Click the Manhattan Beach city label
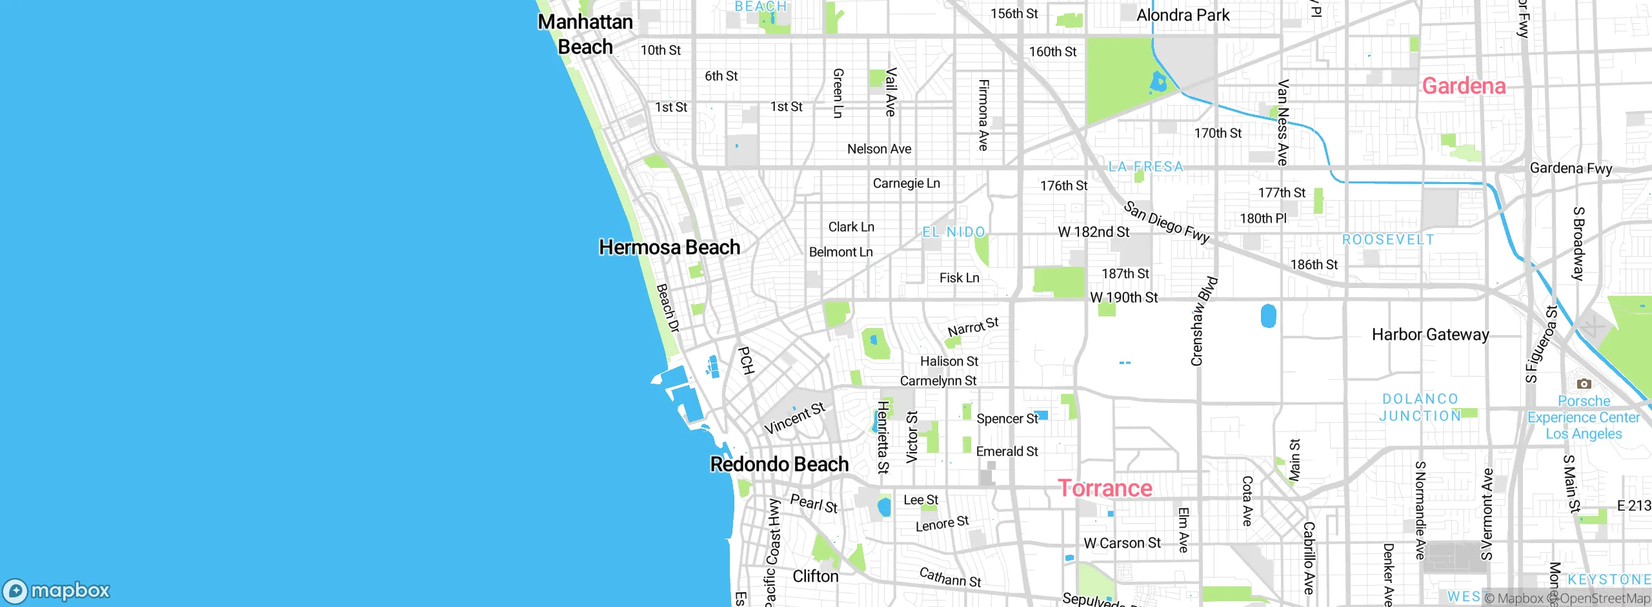(x=585, y=34)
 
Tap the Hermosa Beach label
(x=669, y=247)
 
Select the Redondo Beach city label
(x=779, y=464)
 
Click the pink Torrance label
(x=1105, y=488)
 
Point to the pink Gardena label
(x=1464, y=86)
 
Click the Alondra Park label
(x=1183, y=15)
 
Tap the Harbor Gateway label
(x=1430, y=334)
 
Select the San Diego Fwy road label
(x=1166, y=222)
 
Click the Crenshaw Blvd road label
(x=1203, y=322)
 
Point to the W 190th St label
(x=1123, y=298)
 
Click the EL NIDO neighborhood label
(x=953, y=232)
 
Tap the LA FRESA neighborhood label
(x=1146, y=167)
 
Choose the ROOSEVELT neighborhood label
(x=1388, y=240)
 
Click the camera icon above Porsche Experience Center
(x=1584, y=384)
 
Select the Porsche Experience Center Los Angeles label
(x=1584, y=417)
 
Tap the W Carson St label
(x=1122, y=543)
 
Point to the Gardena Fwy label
(x=1571, y=169)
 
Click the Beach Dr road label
(x=668, y=309)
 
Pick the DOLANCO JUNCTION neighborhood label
(x=1420, y=407)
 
